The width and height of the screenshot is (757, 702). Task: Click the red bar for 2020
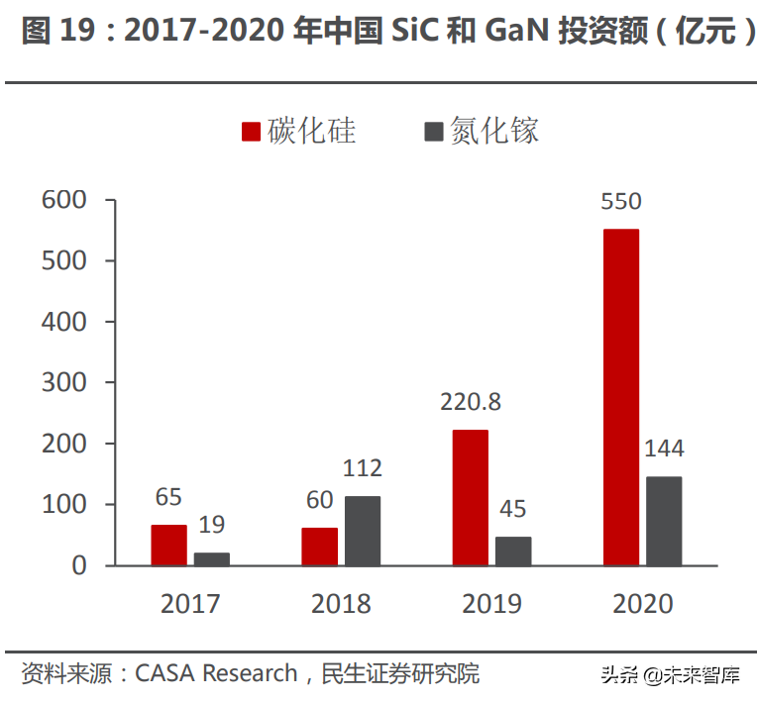(x=621, y=397)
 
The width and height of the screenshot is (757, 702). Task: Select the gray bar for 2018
(x=363, y=531)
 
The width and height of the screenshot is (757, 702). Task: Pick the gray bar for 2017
(x=212, y=558)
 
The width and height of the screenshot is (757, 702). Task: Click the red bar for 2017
(x=169, y=545)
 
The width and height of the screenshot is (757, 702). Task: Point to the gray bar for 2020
(x=664, y=521)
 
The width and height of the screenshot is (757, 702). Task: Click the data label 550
(x=621, y=202)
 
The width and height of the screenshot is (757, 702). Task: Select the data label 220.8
(x=471, y=402)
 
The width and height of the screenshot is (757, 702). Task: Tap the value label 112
(x=362, y=468)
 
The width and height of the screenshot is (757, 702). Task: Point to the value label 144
(x=664, y=449)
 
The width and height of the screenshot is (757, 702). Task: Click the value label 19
(x=212, y=526)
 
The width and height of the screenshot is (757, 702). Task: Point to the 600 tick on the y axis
(x=65, y=200)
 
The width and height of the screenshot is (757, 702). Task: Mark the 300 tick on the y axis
(x=65, y=382)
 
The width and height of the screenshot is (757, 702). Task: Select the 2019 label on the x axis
(x=492, y=603)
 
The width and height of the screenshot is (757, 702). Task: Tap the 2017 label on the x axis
(x=190, y=603)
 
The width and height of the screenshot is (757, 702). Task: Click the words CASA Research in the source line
(x=216, y=674)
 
